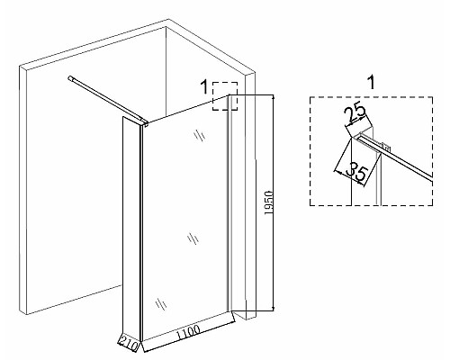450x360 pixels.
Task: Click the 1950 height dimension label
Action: point(269,202)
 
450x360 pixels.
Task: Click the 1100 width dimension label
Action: point(189,332)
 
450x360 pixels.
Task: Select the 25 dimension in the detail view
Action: point(355,113)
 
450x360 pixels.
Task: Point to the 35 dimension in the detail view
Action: point(357,175)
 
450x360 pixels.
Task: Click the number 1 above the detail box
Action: point(372,82)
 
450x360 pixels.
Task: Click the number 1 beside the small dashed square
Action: point(204,87)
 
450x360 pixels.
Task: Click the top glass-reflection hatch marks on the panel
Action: point(199,136)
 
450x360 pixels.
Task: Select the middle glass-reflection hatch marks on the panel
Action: point(193,238)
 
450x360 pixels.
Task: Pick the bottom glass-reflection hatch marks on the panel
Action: point(161,304)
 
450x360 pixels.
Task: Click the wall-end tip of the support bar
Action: point(70,78)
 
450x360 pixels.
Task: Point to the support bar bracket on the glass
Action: point(145,122)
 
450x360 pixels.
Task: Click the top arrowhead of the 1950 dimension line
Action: point(273,97)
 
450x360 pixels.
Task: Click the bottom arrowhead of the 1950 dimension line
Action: point(273,309)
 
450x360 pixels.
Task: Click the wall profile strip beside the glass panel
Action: point(229,203)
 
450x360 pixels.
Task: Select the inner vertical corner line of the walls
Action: point(166,72)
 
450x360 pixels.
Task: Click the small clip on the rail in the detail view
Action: point(387,148)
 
